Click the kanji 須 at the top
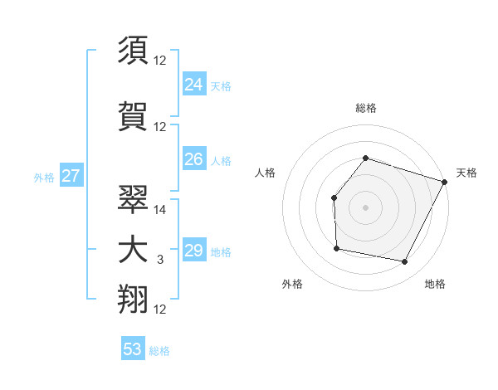point(134,51)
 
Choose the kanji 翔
point(134,299)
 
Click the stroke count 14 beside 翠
point(160,211)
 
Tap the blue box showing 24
point(193,84)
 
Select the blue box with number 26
point(193,159)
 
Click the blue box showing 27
point(71,176)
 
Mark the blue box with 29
point(193,251)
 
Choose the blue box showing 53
point(133,349)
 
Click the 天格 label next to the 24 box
point(221,85)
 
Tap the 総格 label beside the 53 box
point(159,351)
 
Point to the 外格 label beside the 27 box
point(44,177)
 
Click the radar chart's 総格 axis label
point(365,109)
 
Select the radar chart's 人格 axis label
point(266,173)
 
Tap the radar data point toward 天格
point(445,182)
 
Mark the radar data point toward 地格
point(405,262)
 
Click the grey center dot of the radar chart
point(365,207)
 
